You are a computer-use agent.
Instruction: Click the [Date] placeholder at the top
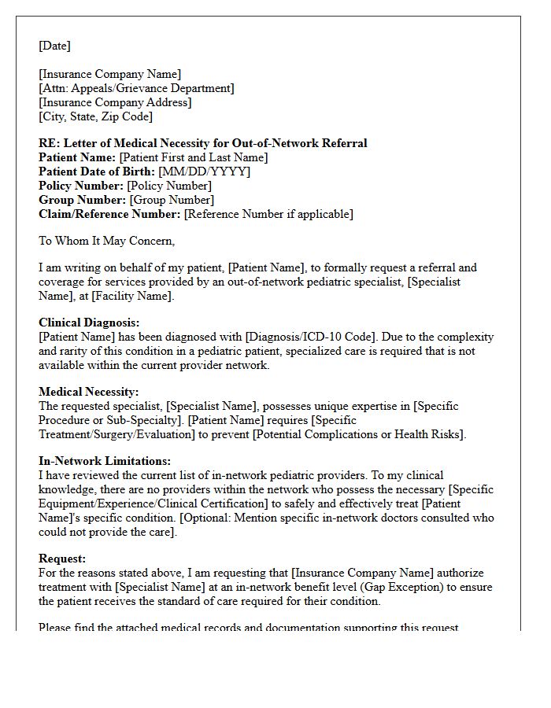click(x=54, y=46)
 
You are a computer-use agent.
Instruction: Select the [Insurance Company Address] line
click(x=115, y=102)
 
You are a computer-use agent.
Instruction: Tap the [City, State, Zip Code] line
click(x=95, y=116)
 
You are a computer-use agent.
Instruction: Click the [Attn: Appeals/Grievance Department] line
click(x=136, y=88)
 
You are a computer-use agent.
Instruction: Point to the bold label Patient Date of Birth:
click(x=97, y=171)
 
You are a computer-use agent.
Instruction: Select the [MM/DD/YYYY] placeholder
click(x=205, y=171)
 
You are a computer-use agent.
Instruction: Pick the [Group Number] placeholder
click(x=172, y=200)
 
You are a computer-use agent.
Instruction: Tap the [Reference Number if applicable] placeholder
click(x=268, y=214)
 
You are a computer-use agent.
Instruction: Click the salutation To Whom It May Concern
click(x=106, y=241)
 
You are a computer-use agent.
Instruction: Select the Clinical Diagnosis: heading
click(x=89, y=323)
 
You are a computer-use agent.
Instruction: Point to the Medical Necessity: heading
click(x=88, y=392)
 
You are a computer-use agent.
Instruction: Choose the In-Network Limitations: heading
click(x=105, y=461)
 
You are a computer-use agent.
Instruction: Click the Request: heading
click(x=62, y=559)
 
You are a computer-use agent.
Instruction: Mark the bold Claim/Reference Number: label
click(x=109, y=214)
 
